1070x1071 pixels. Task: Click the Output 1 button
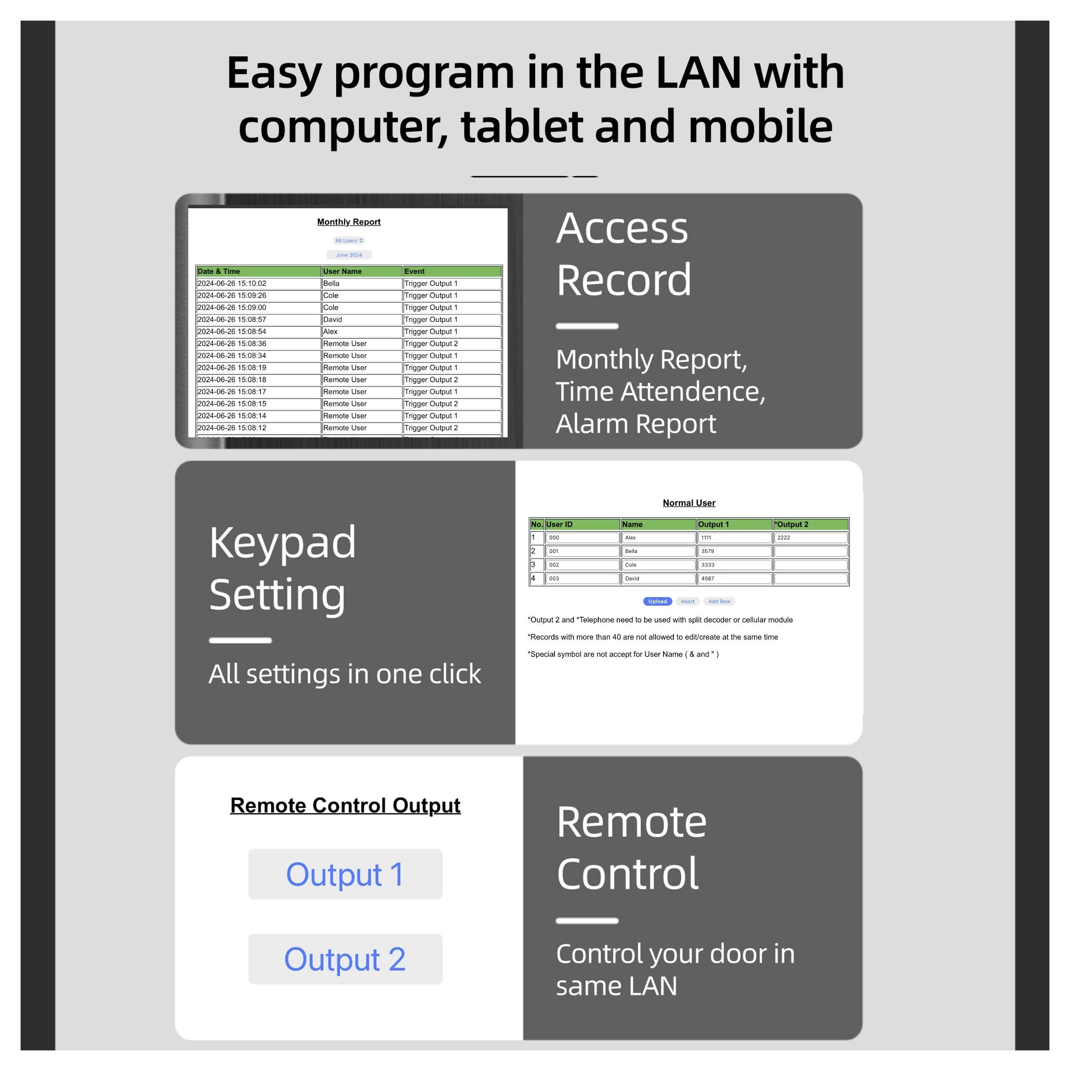click(x=345, y=874)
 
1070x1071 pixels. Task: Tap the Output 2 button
click(x=345, y=959)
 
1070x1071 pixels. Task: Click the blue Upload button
click(x=657, y=601)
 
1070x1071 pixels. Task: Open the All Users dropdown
click(x=349, y=240)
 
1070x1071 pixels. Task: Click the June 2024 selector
click(x=349, y=255)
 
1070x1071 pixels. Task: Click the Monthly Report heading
click(x=349, y=222)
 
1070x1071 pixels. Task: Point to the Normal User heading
click(x=688, y=503)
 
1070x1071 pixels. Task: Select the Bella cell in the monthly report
click(x=361, y=283)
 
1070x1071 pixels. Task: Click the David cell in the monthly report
click(x=361, y=319)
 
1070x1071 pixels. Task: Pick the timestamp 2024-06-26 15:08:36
click(x=258, y=344)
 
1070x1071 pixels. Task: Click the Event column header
click(x=452, y=271)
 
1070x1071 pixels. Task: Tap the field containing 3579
click(x=734, y=552)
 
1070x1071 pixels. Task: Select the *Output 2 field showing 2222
click(x=810, y=538)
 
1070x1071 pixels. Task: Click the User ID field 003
click(x=582, y=579)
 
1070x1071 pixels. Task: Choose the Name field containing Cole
click(x=658, y=565)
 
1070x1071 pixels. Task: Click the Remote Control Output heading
click(x=345, y=805)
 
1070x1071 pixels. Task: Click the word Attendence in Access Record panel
click(x=692, y=392)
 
